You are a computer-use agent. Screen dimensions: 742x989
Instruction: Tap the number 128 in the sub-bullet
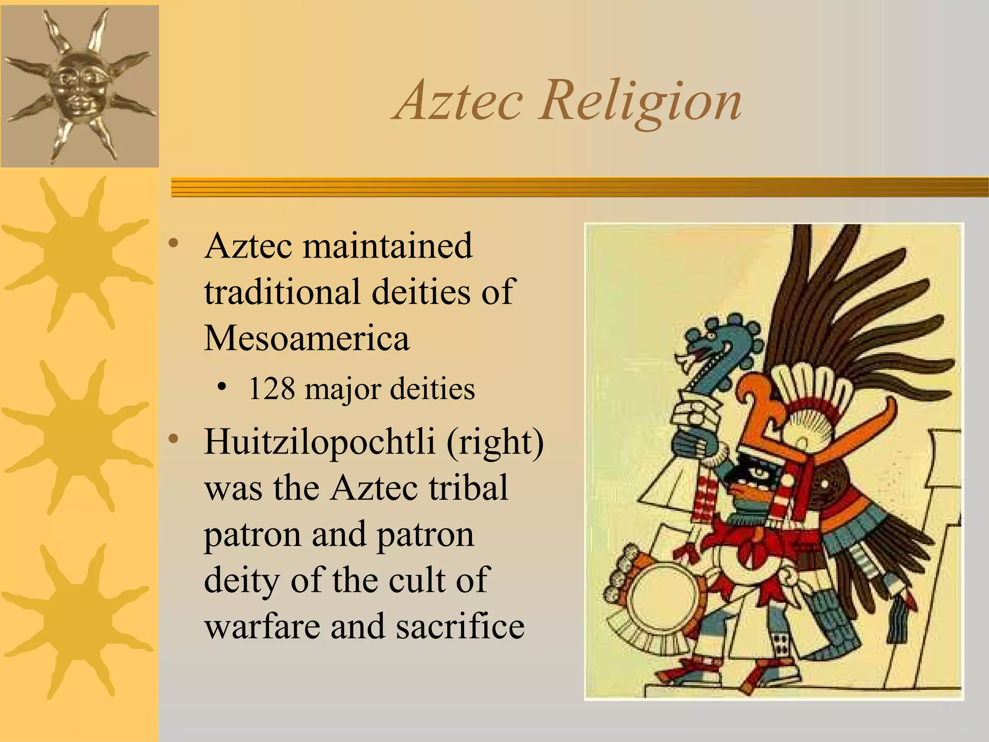[271, 389]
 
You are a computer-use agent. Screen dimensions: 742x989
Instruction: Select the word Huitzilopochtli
[319, 442]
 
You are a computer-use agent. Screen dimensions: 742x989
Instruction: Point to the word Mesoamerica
[307, 338]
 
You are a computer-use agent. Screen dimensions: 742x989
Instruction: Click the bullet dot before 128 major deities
[222, 386]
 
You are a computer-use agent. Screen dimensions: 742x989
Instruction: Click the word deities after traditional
[421, 292]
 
